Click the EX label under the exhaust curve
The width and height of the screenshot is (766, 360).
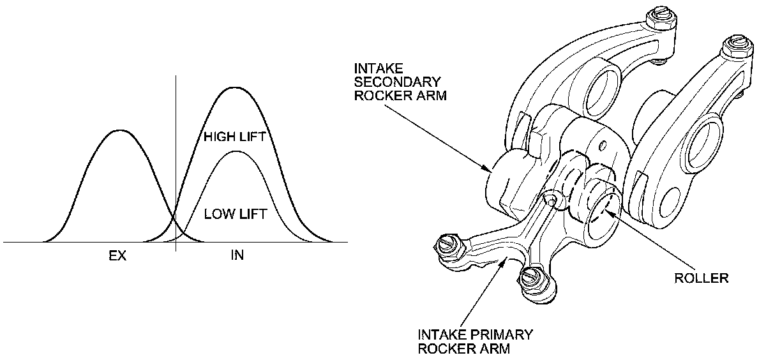[x=117, y=256]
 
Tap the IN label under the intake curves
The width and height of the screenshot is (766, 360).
[x=237, y=256]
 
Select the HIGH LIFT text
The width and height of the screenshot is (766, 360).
[x=234, y=137]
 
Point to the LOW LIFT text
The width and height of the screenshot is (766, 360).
[x=235, y=213]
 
